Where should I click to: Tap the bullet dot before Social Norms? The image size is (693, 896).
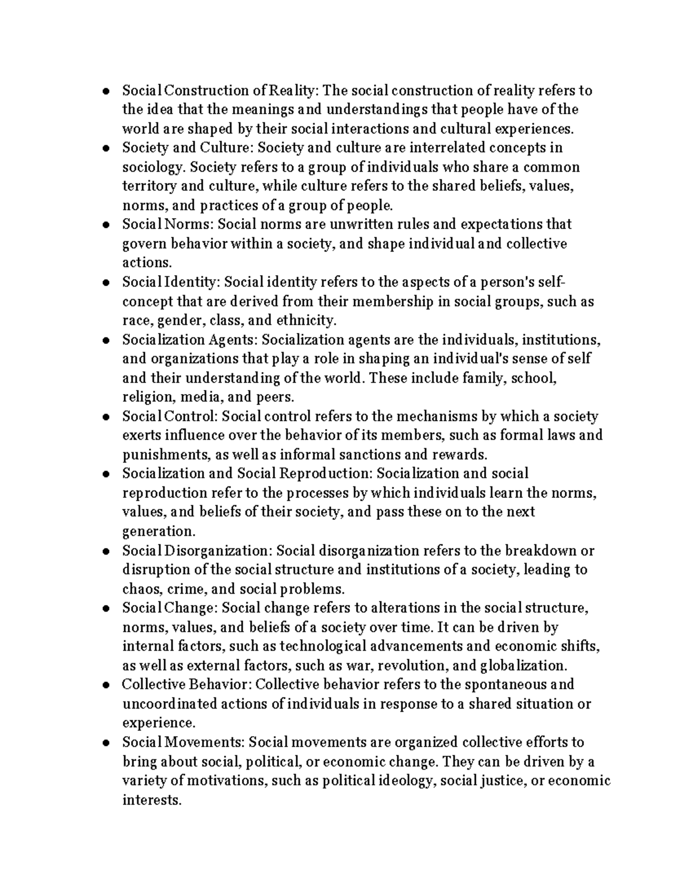pyautogui.click(x=106, y=225)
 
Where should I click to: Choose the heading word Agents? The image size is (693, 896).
pyautogui.click(x=233, y=339)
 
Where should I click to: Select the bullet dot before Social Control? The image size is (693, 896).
pyautogui.click(x=106, y=417)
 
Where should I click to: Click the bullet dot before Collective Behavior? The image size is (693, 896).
pyautogui.click(x=106, y=686)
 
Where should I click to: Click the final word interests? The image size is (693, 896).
pyautogui.click(x=151, y=800)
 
